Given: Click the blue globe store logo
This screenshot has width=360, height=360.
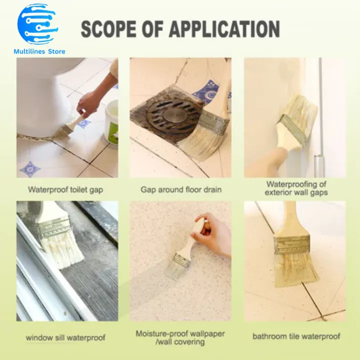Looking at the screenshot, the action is tap(37, 24).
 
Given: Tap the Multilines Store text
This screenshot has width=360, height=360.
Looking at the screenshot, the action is tap(39, 51).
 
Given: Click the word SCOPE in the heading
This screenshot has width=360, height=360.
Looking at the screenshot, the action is tap(108, 29).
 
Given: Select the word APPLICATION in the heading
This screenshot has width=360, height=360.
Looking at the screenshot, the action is tap(224, 29).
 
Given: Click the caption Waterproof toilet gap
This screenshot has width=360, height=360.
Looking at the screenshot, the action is tap(65, 190).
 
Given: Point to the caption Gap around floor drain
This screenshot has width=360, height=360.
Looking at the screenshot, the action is tap(181, 189).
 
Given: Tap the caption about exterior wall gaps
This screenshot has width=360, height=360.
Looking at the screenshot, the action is tap(296, 188).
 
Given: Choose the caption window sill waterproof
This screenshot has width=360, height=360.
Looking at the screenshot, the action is tap(65, 337).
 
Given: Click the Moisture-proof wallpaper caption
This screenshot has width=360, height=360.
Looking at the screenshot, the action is tap(180, 337).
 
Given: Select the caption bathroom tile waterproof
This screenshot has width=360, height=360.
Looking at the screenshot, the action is tap(296, 336).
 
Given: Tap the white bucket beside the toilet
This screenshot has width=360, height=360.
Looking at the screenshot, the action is tap(112, 122).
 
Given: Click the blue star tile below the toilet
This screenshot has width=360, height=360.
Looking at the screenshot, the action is tap(29, 169).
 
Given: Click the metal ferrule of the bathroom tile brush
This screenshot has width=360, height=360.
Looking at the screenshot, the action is tap(291, 244).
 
